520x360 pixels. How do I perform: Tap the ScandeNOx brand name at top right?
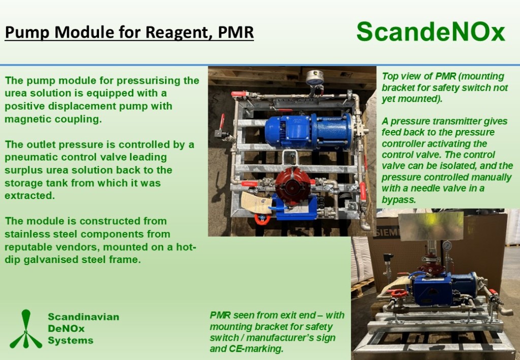[x=431, y=32]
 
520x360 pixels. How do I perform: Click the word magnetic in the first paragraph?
[x=28, y=119]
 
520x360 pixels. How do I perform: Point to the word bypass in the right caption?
[x=399, y=200]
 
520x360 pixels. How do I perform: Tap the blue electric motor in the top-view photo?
[x=308, y=130]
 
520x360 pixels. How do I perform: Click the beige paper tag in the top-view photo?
[x=256, y=202]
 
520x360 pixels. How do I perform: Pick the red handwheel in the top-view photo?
[x=262, y=219]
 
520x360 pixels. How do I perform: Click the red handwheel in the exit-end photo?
[x=399, y=293]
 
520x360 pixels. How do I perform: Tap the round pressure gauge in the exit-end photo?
[x=447, y=246]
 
